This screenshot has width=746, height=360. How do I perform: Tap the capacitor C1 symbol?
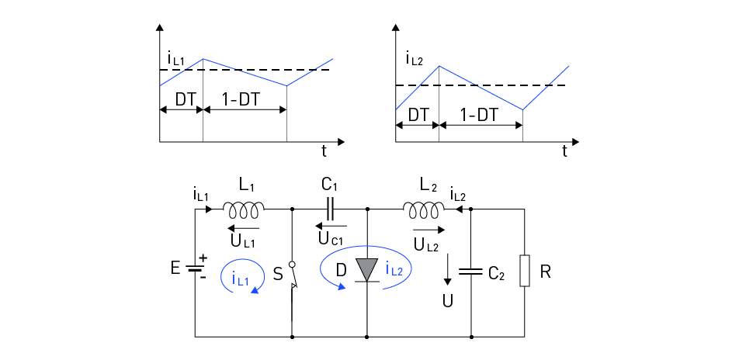(331, 208)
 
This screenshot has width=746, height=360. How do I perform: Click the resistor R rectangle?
(526, 272)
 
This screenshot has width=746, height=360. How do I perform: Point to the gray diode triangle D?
(366, 270)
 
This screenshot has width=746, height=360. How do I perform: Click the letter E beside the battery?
(175, 268)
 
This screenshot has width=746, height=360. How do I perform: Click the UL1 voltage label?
(243, 240)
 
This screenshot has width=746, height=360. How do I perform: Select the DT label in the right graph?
(418, 114)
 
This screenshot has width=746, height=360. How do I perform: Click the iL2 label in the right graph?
(415, 57)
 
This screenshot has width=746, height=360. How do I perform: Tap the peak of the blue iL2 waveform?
(439, 66)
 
